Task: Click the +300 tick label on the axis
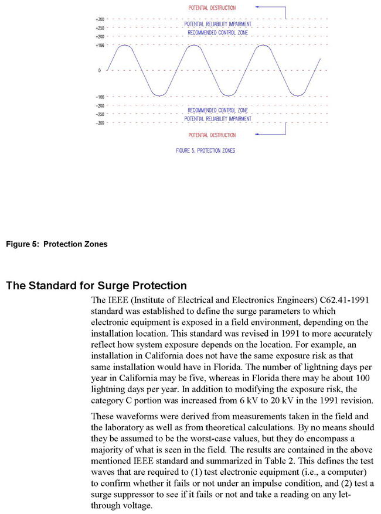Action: pyautogui.click(x=100, y=19)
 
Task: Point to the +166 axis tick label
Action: pyautogui.click(x=100, y=44)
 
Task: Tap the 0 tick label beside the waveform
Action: pyautogui.click(x=100, y=70)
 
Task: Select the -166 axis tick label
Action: pyautogui.click(x=100, y=97)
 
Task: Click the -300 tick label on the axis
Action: pyautogui.click(x=100, y=123)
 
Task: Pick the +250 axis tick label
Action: pyautogui.click(x=100, y=28)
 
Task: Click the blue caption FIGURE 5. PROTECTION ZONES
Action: pyautogui.click(x=205, y=150)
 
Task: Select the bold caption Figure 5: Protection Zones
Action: pyautogui.click(x=57, y=244)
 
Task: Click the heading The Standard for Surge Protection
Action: pyautogui.click(x=96, y=286)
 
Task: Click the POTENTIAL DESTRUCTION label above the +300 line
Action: pyautogui.click(x=212, y=8)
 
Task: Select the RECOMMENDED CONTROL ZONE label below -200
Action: pyautogui.click(x=217, y=110)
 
